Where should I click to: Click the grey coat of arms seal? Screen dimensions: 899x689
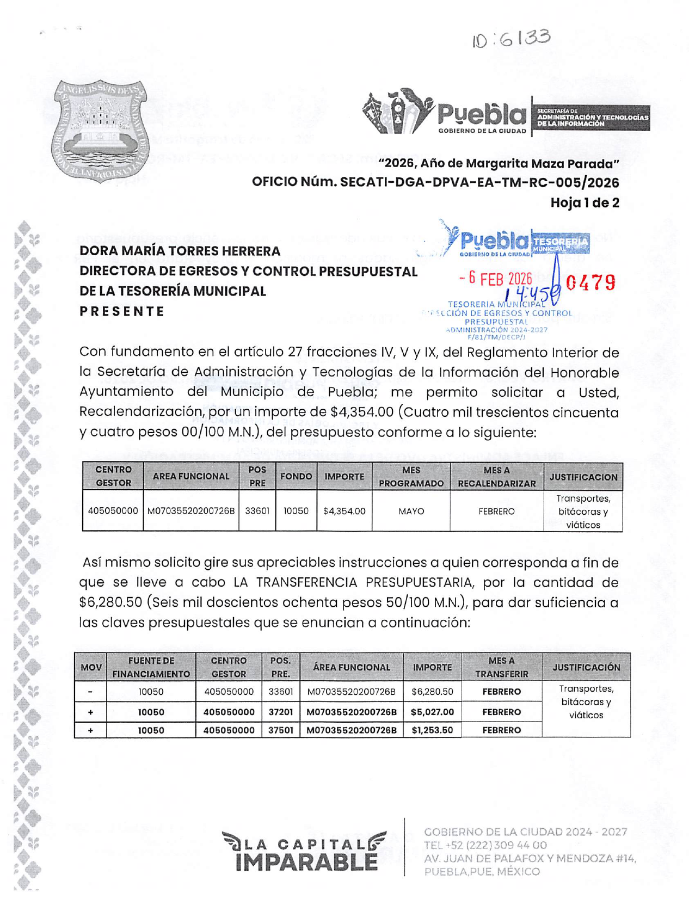pyautogui.click(x=100, y=131)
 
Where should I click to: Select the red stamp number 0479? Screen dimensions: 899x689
pyautogui.click(x=590, y=282)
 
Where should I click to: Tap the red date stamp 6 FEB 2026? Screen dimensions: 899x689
pyautogui.click(x=495, y=279)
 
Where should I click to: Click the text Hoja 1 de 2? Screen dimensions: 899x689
pyautogui.click(x=585, y=203)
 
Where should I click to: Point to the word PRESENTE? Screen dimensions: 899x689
pyautogui.click(x=122, y=311)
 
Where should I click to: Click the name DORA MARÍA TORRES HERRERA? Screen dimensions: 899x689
pyautogui.click(x=180, y=251)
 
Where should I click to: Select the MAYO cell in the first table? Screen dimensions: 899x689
pyautogui.click(x=411, y=511)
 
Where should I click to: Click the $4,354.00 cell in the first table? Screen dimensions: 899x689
pyautogui.click(x=344, y=511)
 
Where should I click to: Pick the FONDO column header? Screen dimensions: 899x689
pyautogui.click(x=296, y=476)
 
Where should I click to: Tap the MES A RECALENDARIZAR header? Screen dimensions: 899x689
pyautogui.click(x=496, y=476)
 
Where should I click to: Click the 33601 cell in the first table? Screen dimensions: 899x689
pyautogui.click(x=257, y=511)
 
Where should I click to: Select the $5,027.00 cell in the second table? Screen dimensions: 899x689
pyautogui.click(x=432, y=712)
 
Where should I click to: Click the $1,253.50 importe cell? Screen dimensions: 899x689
pyautogui.click(x=432, y=730)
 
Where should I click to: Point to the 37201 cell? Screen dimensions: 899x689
pyautogui.click(x=280, y=712)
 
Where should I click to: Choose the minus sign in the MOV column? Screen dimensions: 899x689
pyautogui.click(x=90, y=692)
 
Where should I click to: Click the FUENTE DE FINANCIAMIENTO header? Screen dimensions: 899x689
pyautogui.click(x=151, y=667)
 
